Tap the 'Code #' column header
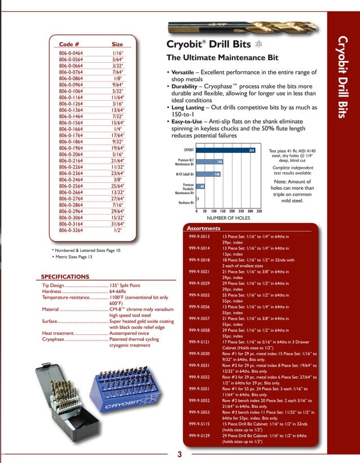(69, 44)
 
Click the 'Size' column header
(117, 44)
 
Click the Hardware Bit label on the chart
(186, 202)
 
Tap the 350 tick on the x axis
(258, 211)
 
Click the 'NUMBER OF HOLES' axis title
(228, 217)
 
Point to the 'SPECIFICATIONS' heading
(65, 277)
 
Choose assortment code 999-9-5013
(199, 237)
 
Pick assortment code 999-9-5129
(199, 436)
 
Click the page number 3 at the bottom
(179, 455)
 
